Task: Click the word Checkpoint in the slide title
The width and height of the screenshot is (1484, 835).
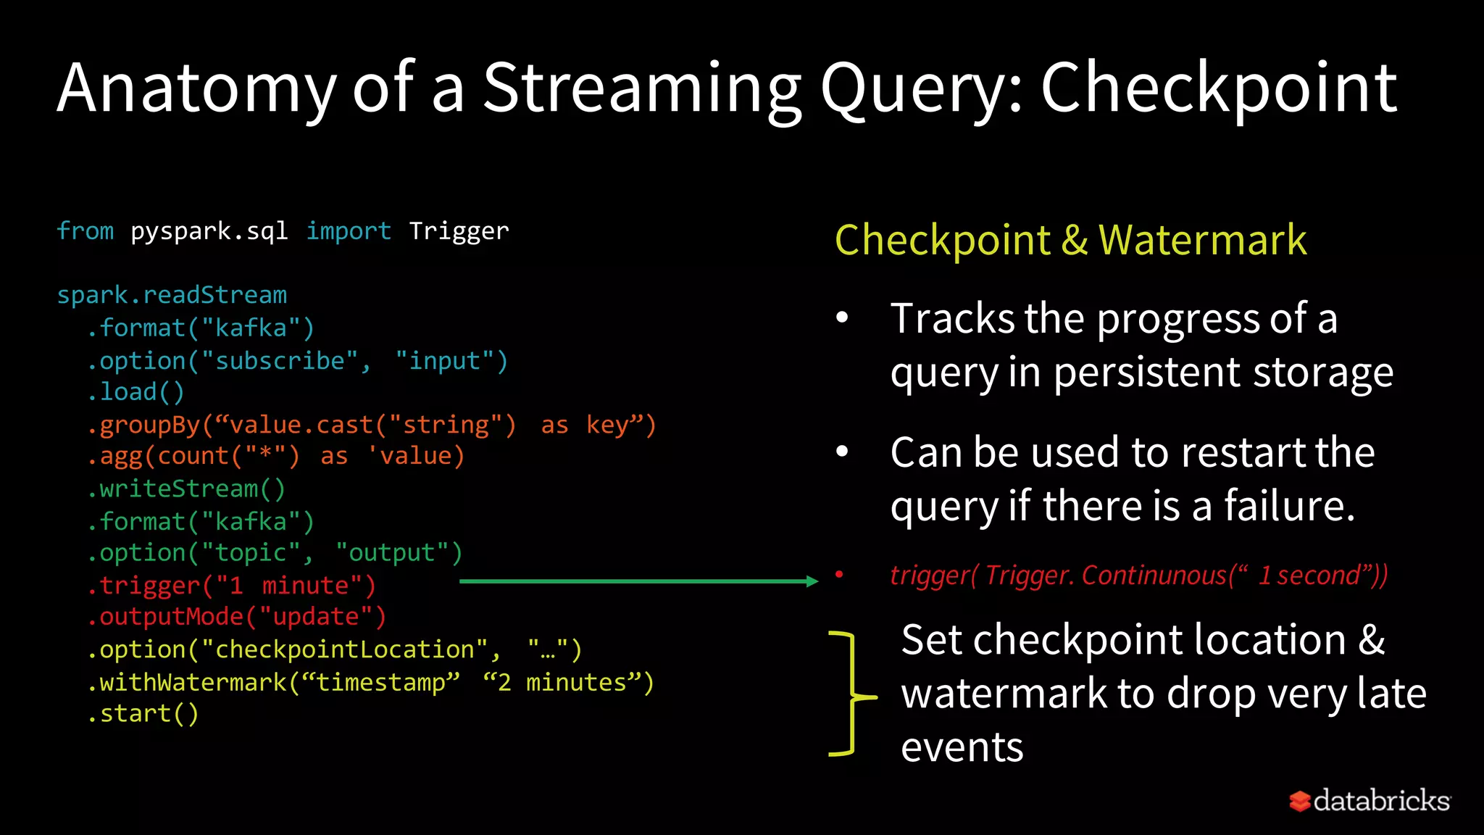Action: (x=1219, y=88)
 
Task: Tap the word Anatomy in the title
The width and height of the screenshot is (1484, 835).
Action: (x=197, y=88)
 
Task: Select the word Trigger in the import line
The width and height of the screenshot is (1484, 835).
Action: (x=459, y=231)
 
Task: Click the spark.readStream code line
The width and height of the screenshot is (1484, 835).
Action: (x=172, y=295)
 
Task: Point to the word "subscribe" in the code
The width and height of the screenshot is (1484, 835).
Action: (x=280, y=361)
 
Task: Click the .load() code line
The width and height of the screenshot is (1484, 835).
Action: (x=136, y=392)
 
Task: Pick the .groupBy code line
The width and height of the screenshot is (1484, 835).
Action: (x=371, y=425)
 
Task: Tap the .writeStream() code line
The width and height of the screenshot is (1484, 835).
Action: (x=186, y=489)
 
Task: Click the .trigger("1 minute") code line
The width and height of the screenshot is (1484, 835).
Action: (x=231, y=585)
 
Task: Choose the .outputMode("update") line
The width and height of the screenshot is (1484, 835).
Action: (x=236, y=617)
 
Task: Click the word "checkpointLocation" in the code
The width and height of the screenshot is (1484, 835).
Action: (x=345, y=649)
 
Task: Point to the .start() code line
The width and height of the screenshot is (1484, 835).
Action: (x=143, y=714)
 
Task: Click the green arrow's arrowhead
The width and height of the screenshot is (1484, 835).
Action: (x=812, y=581)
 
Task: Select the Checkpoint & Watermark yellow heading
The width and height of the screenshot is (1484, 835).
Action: (x=1070, y=240)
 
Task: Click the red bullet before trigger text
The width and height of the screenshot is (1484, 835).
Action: (x=839, y=575)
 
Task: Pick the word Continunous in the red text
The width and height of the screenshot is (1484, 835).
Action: (x=1154, y=576)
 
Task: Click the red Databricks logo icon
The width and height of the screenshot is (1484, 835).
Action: (x=1299, y=801)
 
